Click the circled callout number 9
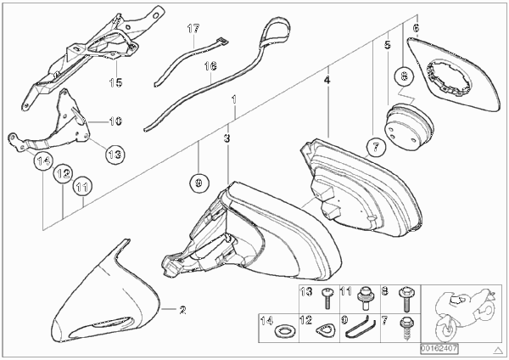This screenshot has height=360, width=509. click(199, 183)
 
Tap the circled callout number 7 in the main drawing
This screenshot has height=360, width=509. click(376, 148)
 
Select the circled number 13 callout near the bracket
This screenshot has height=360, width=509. click(115, 154)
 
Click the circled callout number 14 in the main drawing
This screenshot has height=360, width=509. click(43, 160)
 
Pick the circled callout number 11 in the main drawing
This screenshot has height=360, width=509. click(82, 187)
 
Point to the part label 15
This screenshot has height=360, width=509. click(116, 82)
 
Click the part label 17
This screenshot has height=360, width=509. click(193, 29)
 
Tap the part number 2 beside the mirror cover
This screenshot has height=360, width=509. click(182, 310)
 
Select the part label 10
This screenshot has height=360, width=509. click(116, 121)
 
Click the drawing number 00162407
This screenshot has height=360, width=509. click(439, 349)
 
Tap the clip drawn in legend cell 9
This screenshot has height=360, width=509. click(361, 327)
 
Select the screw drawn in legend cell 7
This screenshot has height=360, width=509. click(406, 328)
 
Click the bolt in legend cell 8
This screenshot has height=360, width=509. click(406, 299)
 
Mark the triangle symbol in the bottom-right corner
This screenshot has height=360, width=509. click(497, 351)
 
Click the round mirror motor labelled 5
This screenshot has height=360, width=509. click(408, 126)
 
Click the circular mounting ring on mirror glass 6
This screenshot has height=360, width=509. click(448, 78)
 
